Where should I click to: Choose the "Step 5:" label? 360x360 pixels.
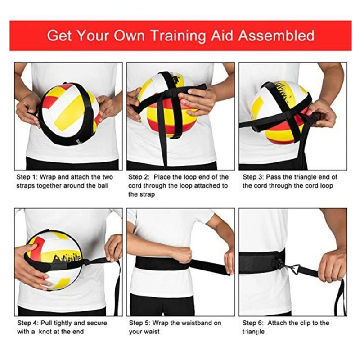pyautogui.click(x=139, y=323)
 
